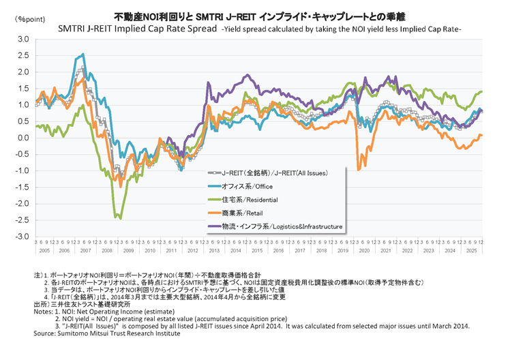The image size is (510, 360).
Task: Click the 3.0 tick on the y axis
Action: pyautogui.click(x=23, y=40)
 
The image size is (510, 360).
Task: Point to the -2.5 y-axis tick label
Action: pyautogui.click(x=22, y=220)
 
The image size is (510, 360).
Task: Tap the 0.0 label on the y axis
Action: pyautogui.click(x=23, y=138)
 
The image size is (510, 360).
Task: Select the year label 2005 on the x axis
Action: pyautogui.click(x=44, y=250)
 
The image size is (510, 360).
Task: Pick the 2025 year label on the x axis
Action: pyautogui.click(x=471, y=250)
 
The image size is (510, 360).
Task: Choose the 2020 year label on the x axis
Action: pyautogui.click(x=364, y=250)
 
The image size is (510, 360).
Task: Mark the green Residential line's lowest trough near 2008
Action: pyautogui.click(x=120, y=218)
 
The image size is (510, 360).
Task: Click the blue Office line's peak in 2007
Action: pyautogui.click(x=83, y=55)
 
